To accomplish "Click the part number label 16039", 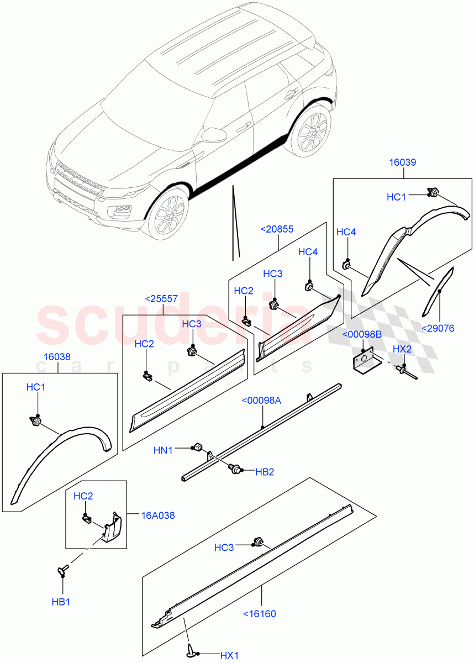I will point(402,162).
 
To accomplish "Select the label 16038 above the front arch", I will point(57,357).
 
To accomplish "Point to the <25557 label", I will point(161,299).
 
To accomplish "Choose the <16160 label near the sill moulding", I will point(259,613).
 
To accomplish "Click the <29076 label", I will point(438,328).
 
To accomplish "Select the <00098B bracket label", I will point(362,335).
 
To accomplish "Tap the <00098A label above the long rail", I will point(261,401).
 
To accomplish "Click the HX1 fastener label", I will point(229,656).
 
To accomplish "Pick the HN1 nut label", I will point(163,450).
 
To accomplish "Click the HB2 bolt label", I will point(264,472).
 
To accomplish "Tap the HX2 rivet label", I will point(402,349).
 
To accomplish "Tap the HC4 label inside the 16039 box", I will point(346,232).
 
